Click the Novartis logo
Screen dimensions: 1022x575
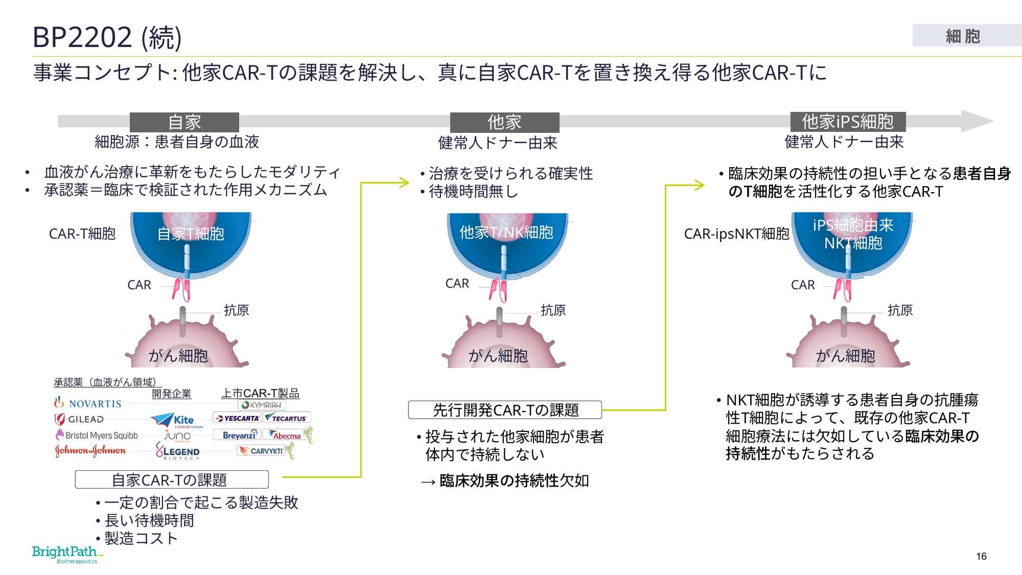tap(88, 403)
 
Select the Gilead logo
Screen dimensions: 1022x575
tap(79, 419)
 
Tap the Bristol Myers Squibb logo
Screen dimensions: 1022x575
tap(97, 435)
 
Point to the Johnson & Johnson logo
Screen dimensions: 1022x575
tap(90, 451)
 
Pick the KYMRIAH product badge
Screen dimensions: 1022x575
tap(262, 405)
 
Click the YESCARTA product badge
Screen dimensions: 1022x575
tap(237, 418)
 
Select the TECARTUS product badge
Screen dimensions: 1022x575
tap(287, 418)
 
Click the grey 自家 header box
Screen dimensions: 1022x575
tap(184, 122)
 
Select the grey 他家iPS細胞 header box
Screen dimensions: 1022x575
tap(848, 122)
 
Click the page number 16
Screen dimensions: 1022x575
tap(981, 556)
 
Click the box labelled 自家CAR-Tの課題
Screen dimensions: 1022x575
tap(172, 479)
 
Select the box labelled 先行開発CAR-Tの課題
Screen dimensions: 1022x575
tap(505, 410)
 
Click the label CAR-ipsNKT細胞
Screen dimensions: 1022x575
tap(736, 234)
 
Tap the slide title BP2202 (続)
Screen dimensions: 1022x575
tap(107, 37)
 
